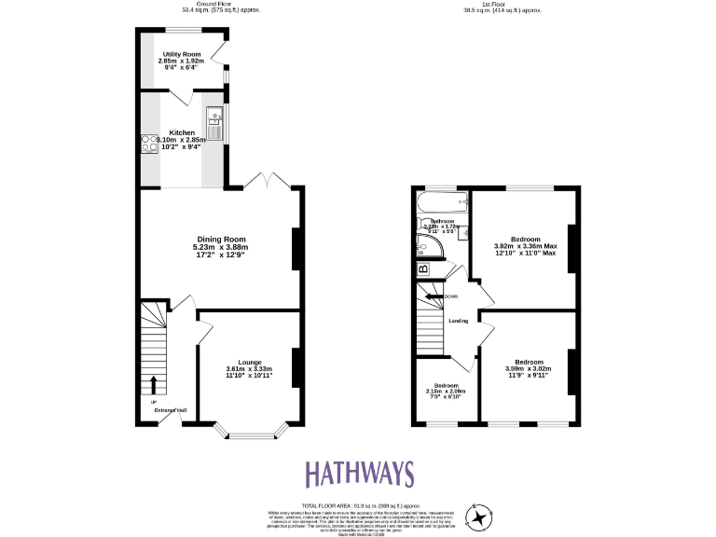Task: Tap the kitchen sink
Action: click(213, 124)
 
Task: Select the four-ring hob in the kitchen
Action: click(148, 143)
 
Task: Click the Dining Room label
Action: click(219, 239)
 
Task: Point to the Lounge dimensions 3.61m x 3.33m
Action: click(249, 369)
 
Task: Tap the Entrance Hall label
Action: click(171, 409)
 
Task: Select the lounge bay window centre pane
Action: click(248, 435)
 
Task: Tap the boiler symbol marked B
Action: click(423, 269)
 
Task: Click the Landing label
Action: click(459, 321)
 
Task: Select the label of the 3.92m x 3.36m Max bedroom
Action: click(524, 245)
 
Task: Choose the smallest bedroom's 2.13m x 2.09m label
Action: click(445, 391)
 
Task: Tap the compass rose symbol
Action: click(479, 517)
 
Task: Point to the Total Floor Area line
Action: click(359, 504)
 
